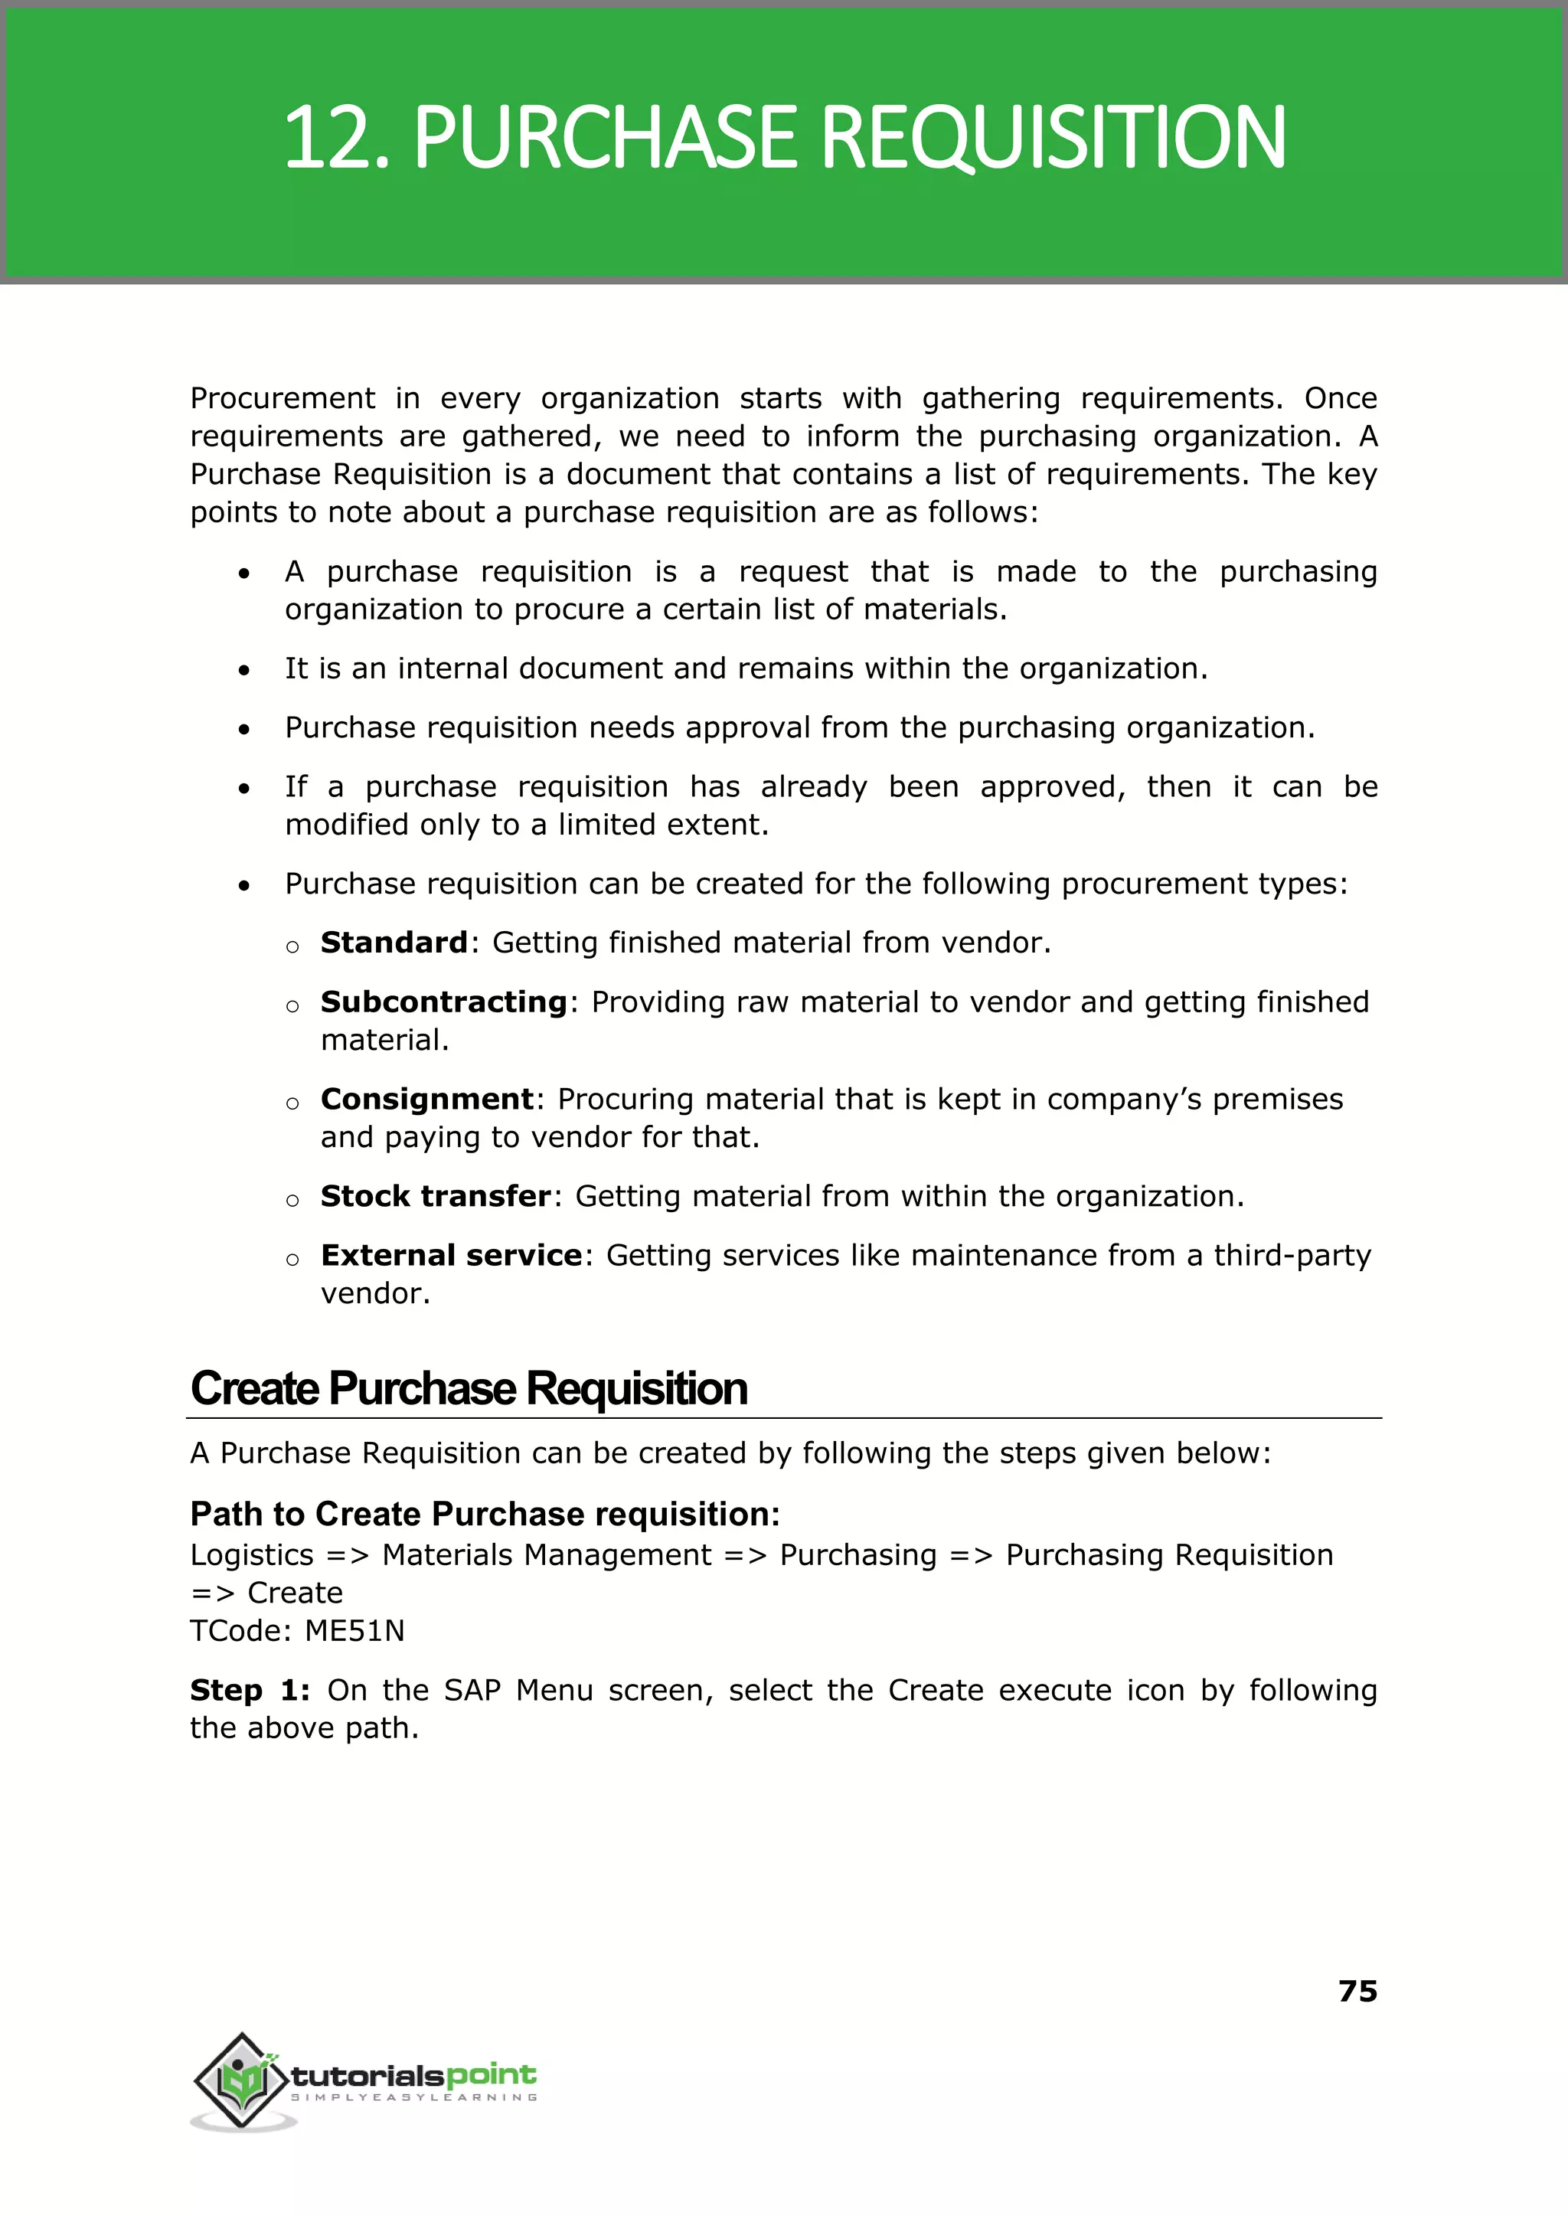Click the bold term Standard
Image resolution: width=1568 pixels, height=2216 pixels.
tap(394, 943)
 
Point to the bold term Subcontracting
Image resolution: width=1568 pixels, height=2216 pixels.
tap(444, 1002)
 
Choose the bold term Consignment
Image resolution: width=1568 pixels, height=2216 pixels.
tap(426, 1099)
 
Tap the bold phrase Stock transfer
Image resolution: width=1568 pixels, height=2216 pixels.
tap(436, 1196)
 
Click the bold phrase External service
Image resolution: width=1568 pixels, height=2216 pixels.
tap(451, 1255)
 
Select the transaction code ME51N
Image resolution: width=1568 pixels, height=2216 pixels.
tap(354, 1631)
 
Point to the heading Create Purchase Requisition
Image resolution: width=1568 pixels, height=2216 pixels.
tap(469, 1388)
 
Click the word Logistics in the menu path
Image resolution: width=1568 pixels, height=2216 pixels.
tap(252, 1555)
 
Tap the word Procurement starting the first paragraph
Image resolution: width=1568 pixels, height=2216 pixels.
tap(282, 399)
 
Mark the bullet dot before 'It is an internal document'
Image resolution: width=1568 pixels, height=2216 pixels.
tap(245, 670)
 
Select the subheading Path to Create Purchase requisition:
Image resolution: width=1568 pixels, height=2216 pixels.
tap(485, 1514)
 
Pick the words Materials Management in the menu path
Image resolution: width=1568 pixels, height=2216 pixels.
tap(547, 1555)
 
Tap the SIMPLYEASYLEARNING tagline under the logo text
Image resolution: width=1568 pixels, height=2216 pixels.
tap(413, 2097)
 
